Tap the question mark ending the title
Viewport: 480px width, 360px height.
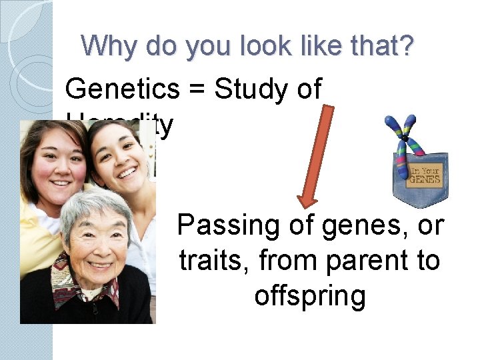[x=406, y=46]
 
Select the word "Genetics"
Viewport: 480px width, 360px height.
[x=122, y=89]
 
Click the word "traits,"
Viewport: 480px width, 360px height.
[x=214, y=261]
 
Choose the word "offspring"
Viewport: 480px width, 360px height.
[x=310, y=295]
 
